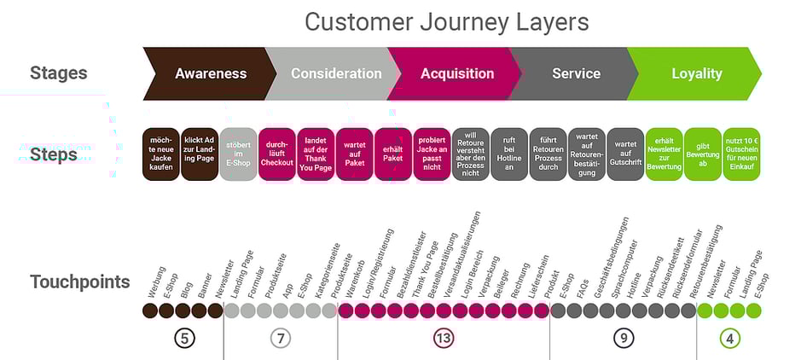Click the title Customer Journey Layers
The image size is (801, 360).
click(x=446, y=20)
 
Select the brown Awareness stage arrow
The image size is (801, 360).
click(x=210, y=73)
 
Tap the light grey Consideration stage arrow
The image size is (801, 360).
click(x=335, y=73)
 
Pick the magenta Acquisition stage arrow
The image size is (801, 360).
click(x=456, y=73)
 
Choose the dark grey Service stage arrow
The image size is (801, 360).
click(x=576, y=73)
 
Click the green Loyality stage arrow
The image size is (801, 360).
click(x=696, y=73)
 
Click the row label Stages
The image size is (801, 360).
click(x=58, y=73)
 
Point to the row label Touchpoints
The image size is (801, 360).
click(x=79, y=282)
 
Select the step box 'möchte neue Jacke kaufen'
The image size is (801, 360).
click(x=160, y=154)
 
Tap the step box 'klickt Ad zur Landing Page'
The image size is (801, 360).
click(x=200, y=154)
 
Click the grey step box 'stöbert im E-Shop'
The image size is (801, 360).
click(x=238, y=154)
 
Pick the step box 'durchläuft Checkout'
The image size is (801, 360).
click(x=276, y=154)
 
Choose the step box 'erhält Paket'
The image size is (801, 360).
click(x=393, y=154)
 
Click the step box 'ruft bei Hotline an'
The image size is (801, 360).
click(x=509, y=154)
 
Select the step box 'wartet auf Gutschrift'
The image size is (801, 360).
click(x=625, y=154)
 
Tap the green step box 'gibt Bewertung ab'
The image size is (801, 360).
click(x=703, y=154)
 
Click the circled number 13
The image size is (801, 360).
click(x=443, y=339)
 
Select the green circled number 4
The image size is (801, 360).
click(x=729, y=339)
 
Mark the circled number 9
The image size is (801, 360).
click(x=624, y=339)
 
